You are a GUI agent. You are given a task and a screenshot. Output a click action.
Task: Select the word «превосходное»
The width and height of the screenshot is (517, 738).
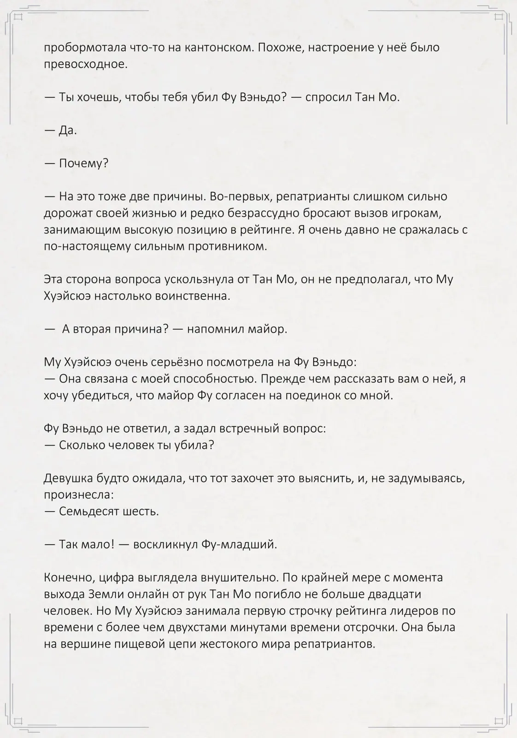(85, 64)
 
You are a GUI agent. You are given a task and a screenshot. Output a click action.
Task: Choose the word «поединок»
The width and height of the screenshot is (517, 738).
(311, 395)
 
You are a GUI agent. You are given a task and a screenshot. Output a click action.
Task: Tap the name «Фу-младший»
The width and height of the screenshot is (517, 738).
(239, 544)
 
